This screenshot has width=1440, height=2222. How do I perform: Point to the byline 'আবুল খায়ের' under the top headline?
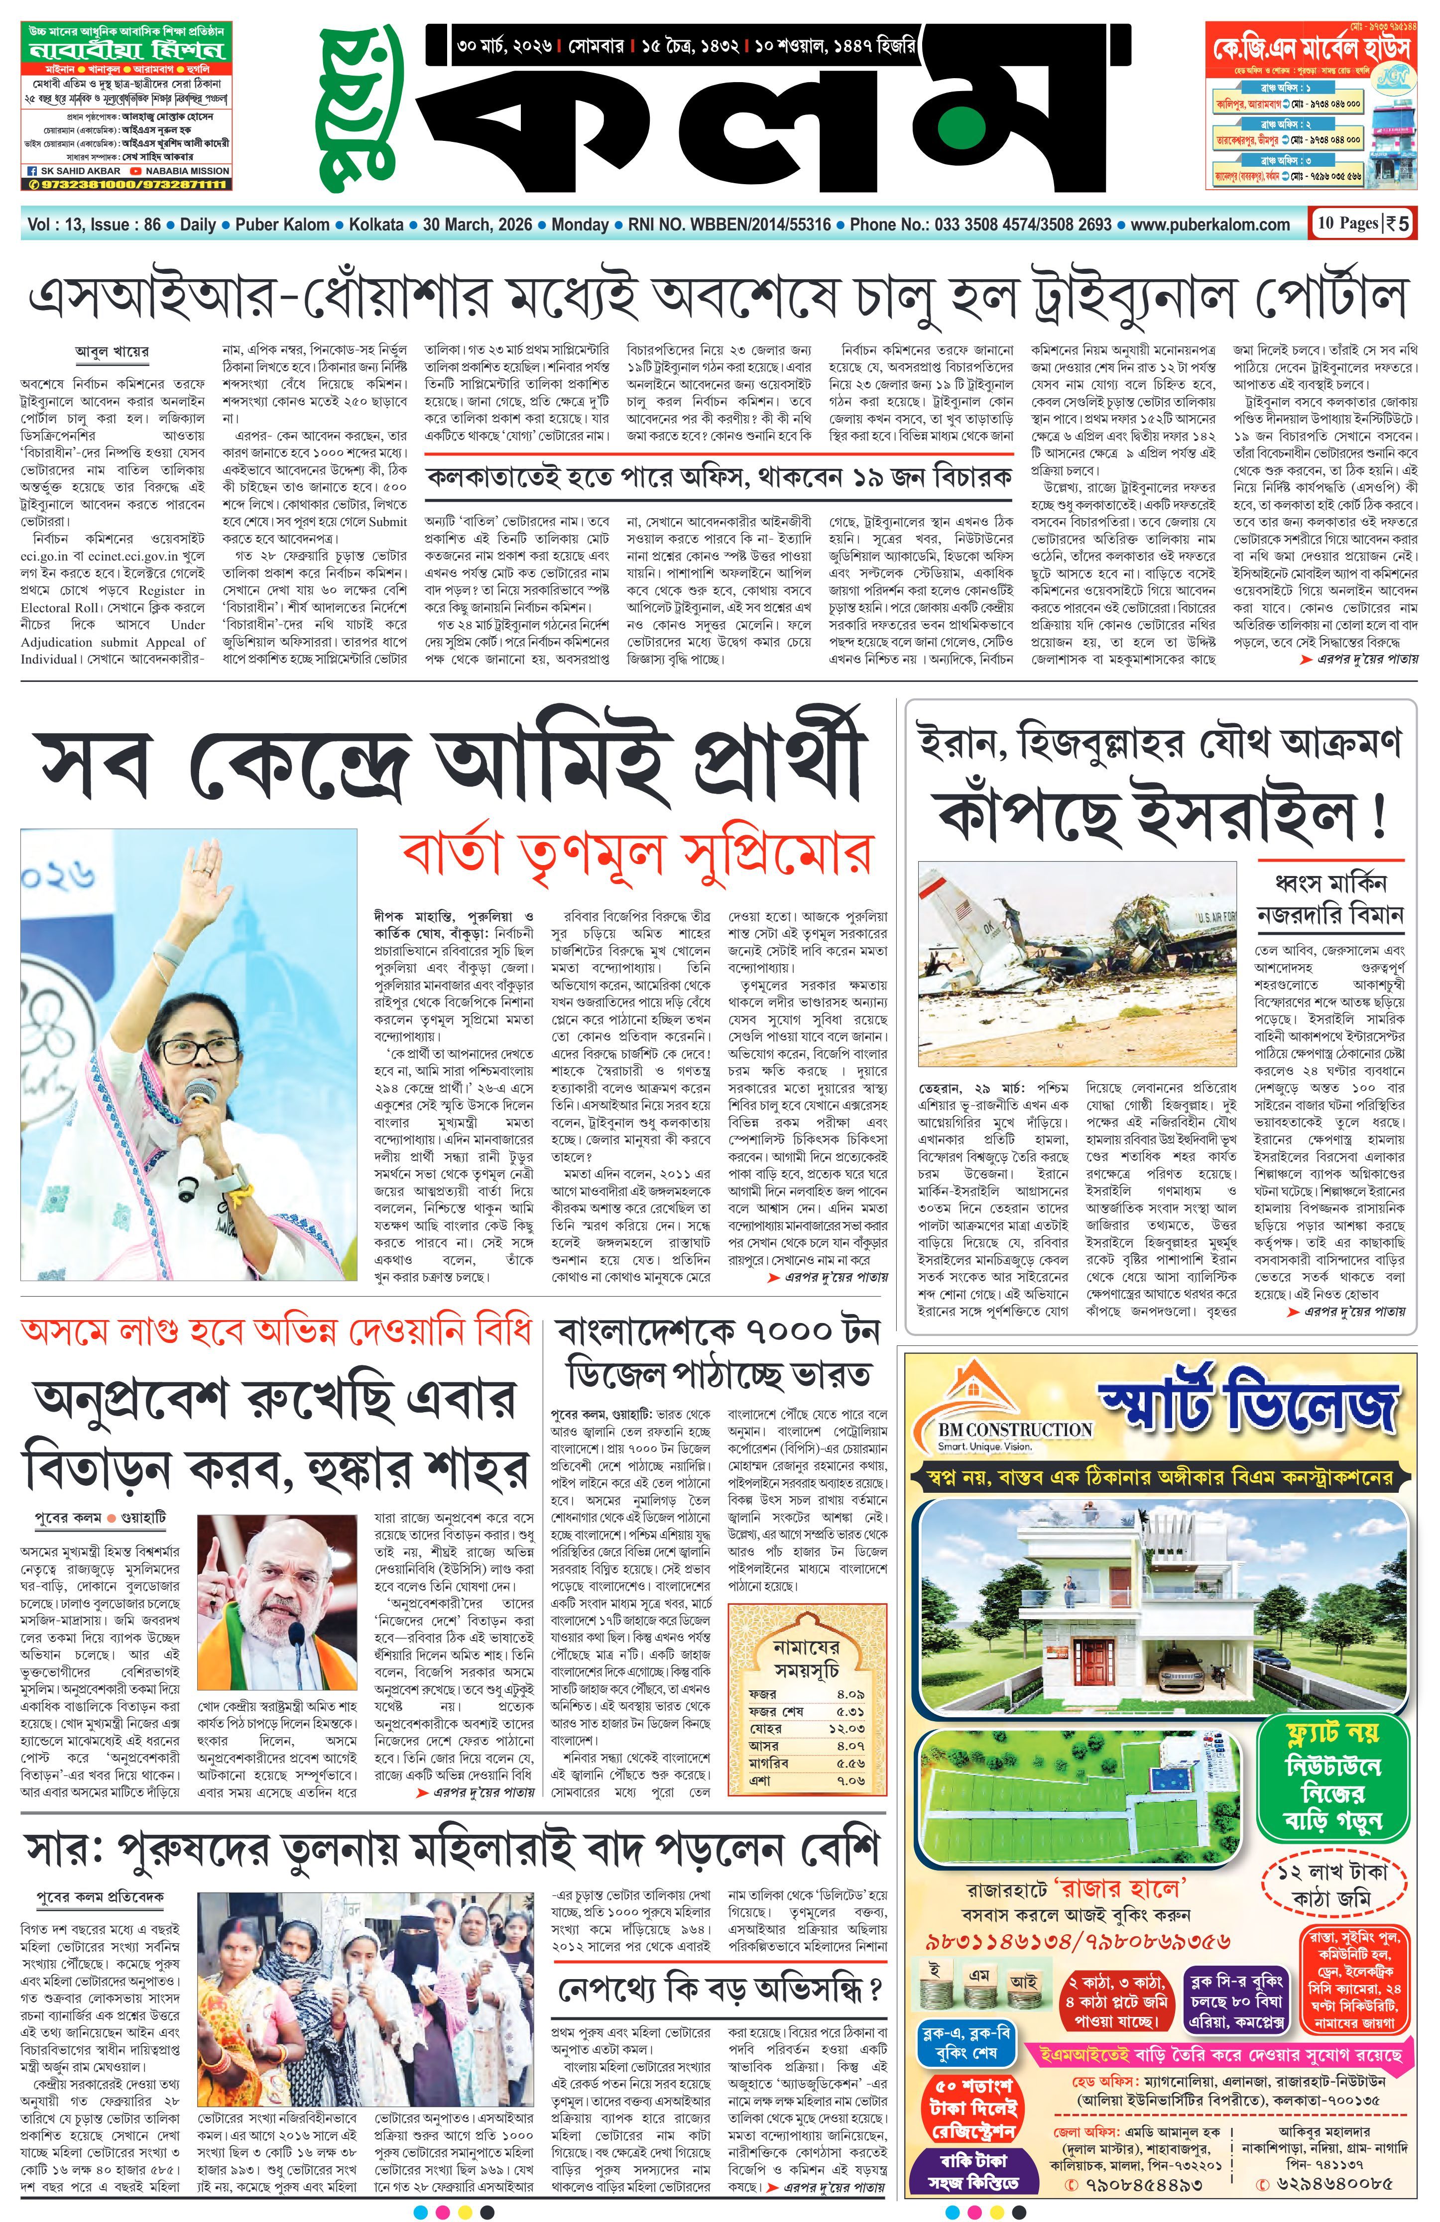coord(112,352)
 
